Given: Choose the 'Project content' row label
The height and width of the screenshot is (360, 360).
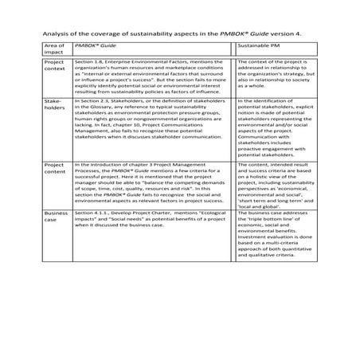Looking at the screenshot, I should pos(55,170).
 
